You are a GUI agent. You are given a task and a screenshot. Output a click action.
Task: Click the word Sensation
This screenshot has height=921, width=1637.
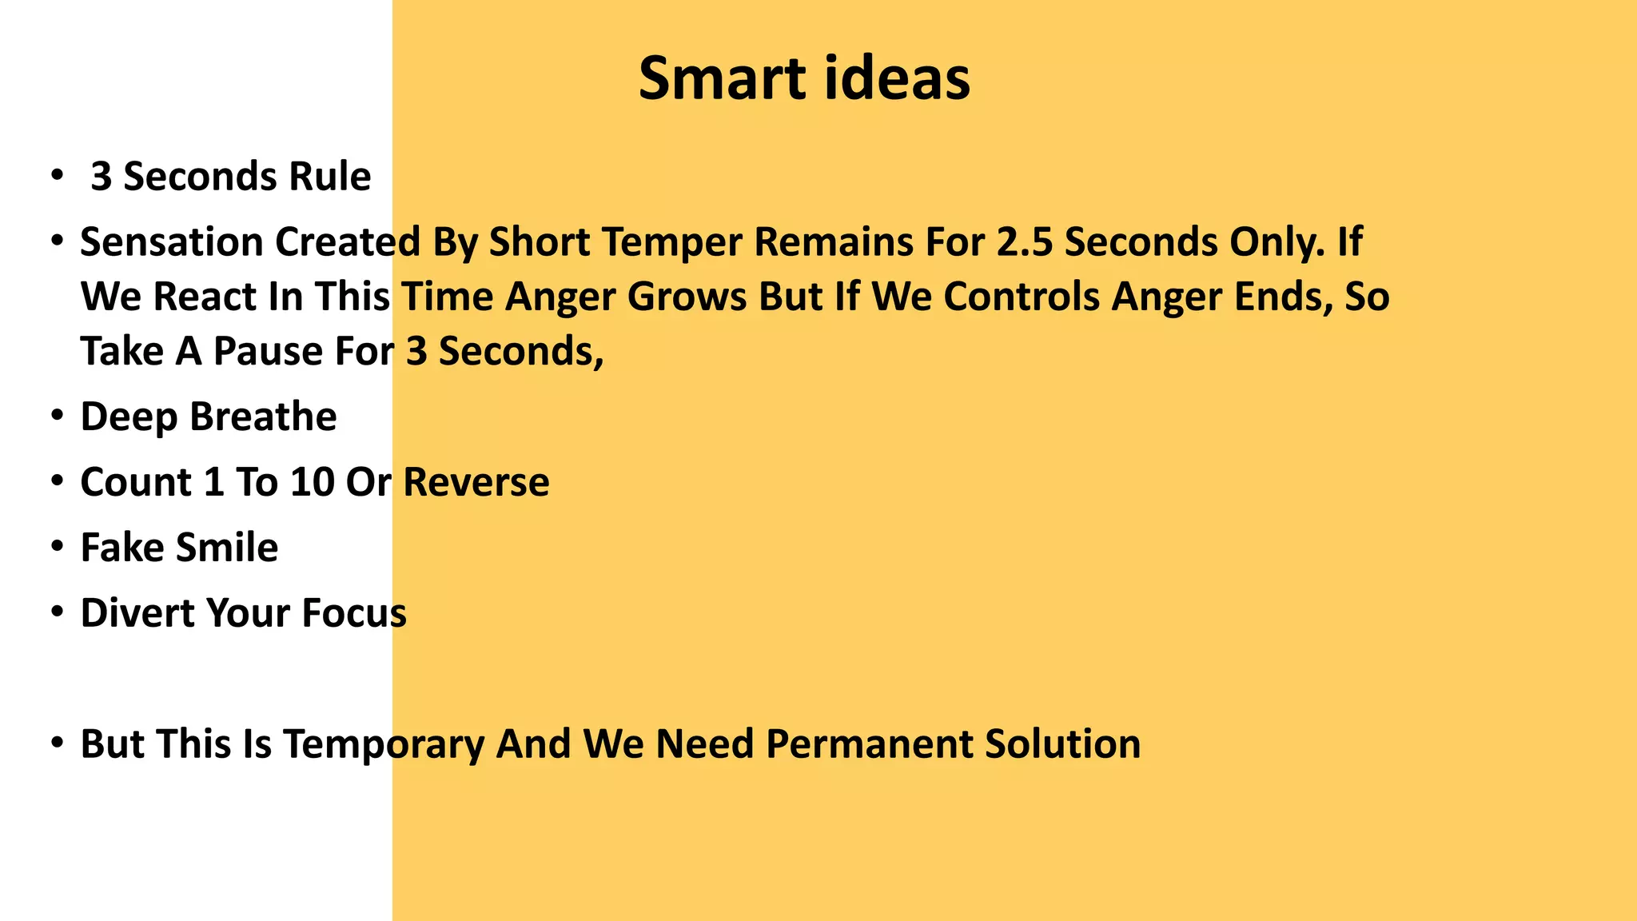coord(171,242)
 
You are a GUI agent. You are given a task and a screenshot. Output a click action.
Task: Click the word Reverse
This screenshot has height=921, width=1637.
coord(476,483)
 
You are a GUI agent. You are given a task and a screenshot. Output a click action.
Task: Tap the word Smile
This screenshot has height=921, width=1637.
coord(227,548)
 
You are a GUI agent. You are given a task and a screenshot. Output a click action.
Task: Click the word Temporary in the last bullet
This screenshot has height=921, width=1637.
coord(384,745)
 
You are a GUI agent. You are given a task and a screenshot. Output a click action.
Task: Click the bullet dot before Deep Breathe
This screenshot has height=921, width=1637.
coord(57,417)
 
